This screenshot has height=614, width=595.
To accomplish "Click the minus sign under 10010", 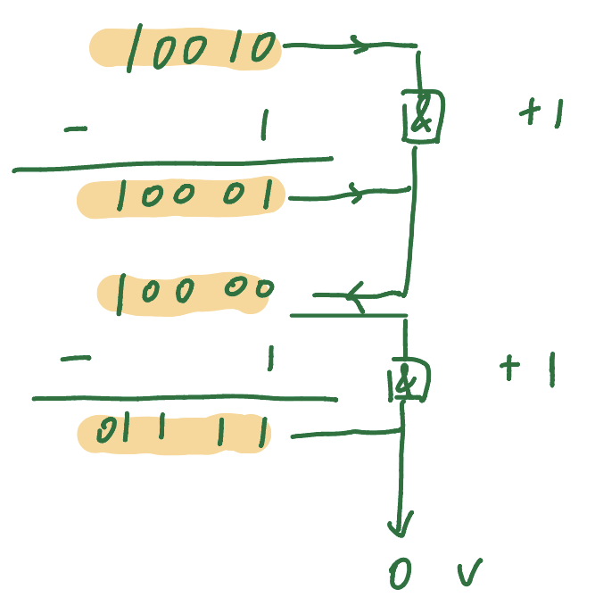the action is [77, 130].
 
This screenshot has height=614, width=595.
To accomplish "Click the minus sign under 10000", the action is [75, 360].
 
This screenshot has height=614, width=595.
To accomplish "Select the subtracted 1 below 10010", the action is [263, 127].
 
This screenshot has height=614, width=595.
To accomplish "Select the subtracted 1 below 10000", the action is [269, 360].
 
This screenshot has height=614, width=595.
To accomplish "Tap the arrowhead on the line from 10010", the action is [359, 45].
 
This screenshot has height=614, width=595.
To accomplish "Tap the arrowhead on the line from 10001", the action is [356, 192].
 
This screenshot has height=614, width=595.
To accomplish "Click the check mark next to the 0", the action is [469, 574].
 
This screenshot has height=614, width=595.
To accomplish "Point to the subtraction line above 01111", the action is [185, 398].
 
